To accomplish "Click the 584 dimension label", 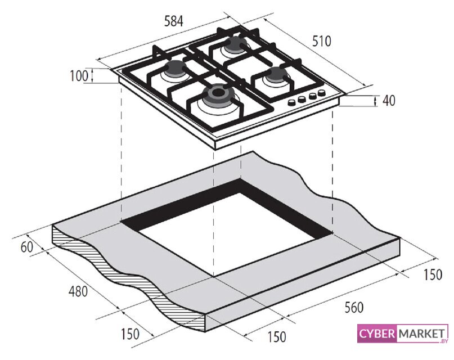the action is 174,21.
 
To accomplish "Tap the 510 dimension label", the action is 321,41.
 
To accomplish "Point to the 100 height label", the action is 79,76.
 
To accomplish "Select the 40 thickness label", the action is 389,101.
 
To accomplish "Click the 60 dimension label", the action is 27,247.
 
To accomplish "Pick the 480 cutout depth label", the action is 78,291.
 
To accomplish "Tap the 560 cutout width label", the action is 354,307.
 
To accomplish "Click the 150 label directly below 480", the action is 130,334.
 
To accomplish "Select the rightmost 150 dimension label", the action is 433,274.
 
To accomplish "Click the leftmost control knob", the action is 291,102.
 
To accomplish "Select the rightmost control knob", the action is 321,93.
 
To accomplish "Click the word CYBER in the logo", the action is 377,334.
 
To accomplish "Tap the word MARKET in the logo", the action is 421,334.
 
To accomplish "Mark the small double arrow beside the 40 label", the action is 376,101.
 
